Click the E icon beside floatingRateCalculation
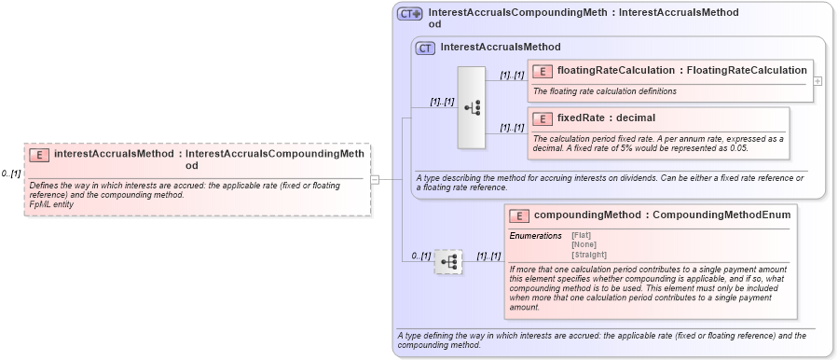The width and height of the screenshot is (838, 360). coord(542,70)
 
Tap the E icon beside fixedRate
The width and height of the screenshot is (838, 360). coord(542,118)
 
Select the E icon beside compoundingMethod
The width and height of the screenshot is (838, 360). coord(518,215)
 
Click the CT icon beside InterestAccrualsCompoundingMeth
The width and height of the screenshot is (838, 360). coord(410,14)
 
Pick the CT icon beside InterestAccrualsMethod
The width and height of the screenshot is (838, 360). coord(425,48)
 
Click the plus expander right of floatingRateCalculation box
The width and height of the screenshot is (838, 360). coord(817,81)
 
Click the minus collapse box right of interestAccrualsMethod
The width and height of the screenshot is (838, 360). coord(375,180)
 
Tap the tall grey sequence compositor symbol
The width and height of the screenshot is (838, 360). coord(472,107)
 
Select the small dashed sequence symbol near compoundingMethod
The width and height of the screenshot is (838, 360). coord(448,262)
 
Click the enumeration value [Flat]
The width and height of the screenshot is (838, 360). coord(581,236)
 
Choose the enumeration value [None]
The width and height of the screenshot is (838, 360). coord(584,245)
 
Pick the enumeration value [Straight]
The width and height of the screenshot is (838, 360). coord(588,255)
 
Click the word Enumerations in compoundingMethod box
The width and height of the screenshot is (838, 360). coord(535,236)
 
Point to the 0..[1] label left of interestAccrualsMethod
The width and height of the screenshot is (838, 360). coord(10,173)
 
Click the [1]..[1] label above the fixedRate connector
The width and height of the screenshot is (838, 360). coord(512,128)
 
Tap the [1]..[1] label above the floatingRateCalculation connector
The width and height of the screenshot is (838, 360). coord(512,76)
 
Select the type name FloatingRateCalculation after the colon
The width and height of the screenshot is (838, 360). coord(746,70)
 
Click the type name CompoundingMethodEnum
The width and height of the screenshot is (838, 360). coord(721,215)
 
